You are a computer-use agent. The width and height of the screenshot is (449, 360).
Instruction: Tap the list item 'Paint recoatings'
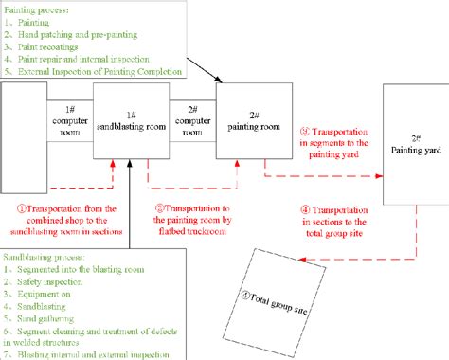[48, 44]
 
